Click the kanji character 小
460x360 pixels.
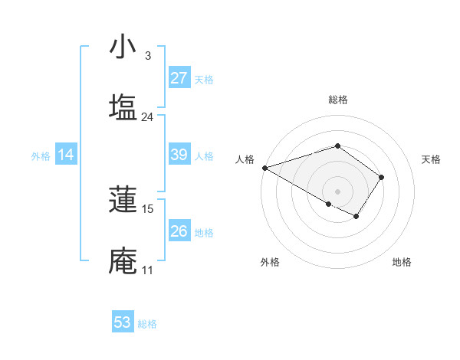click(x=123, y=47)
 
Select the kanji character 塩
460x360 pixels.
click(x=123, y=108)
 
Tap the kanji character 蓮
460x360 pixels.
click(x=123, y=200)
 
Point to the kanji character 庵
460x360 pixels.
click(x=123, y=261)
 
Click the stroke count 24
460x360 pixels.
click(x=147, y=117)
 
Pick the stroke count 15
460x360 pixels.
click(x=147, y=209)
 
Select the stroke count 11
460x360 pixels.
click(x=147, y=270)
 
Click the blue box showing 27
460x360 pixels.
click(x=179, y=78)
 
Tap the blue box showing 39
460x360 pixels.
click(x=179, y=155)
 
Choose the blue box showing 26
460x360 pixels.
click(x=179, y=231)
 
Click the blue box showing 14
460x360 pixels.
click(x=66, y=155)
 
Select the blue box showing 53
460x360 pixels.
click(x=123, y=322)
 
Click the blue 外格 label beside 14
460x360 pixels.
click(x=41, y=155)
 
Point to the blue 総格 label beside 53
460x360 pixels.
click(x=147, y=324)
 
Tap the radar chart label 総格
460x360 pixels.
click(x=338, y=100)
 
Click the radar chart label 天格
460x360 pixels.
click(x=432, y=159)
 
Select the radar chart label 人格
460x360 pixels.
click(x=245, y=159)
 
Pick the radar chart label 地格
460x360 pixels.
click(x=402, y=262)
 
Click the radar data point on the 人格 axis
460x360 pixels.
click(x=264, y=168)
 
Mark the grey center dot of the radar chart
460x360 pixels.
click(x=338, y=191)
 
